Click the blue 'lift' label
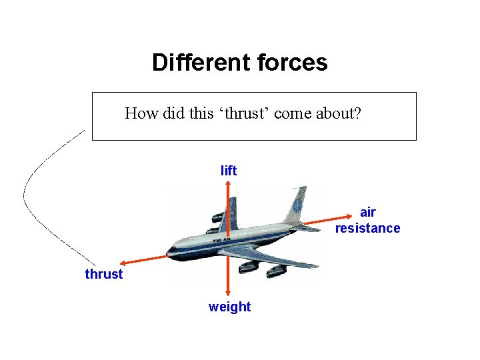(229, 171)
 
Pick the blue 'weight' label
(229, 307)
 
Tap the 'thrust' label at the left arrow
(104, 274)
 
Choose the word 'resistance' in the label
(367, 228)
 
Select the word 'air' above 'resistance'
(367, 213)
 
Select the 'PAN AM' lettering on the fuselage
(222, 238)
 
